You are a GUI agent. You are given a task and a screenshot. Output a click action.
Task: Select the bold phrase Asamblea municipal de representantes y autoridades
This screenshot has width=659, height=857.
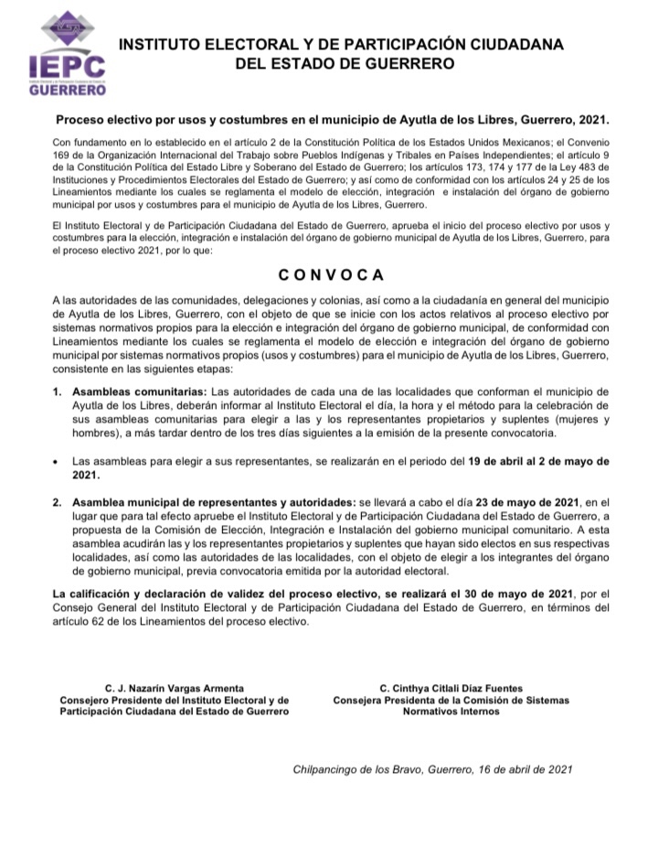[214, 503]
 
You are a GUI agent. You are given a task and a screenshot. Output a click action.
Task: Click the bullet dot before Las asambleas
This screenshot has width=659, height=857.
[57, 461]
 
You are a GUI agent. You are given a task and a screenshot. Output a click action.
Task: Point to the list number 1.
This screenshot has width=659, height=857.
[56, 391]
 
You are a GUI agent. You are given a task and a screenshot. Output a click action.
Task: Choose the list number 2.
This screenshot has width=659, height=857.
[56, 503]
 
